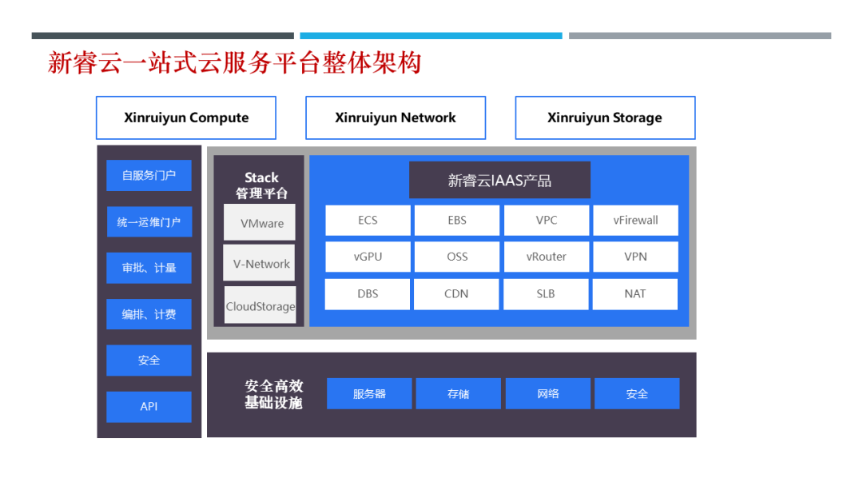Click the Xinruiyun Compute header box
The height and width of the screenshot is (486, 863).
click(186, 118)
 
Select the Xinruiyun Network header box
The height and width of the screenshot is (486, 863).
click(396, 118)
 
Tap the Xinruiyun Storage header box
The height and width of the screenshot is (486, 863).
click(605, 118)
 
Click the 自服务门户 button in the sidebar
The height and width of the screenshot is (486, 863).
click(149, 175)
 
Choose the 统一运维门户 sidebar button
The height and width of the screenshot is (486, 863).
click(149, 221)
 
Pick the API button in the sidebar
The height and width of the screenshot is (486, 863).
click(149, 406)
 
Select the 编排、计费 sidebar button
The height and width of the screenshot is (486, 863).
click(149, 314)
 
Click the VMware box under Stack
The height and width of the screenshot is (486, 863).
click(260, 222)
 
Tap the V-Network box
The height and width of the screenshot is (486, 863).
click(260, 263)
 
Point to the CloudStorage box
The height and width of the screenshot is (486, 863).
click(260, 305)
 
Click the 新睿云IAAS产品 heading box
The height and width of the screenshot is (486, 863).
click(499, 181)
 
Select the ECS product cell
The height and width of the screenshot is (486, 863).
click(368, 221)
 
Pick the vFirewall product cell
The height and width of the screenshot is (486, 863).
click(635, 221)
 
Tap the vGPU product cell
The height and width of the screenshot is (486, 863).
click(368, 257)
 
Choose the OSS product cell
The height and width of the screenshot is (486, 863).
click(457, 257)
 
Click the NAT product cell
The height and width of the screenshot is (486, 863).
click(635, 293)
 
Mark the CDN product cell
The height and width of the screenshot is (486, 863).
click(457, 293)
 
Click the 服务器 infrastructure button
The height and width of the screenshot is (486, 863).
click(369, 393)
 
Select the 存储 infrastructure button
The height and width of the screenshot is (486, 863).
click(459, 393)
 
